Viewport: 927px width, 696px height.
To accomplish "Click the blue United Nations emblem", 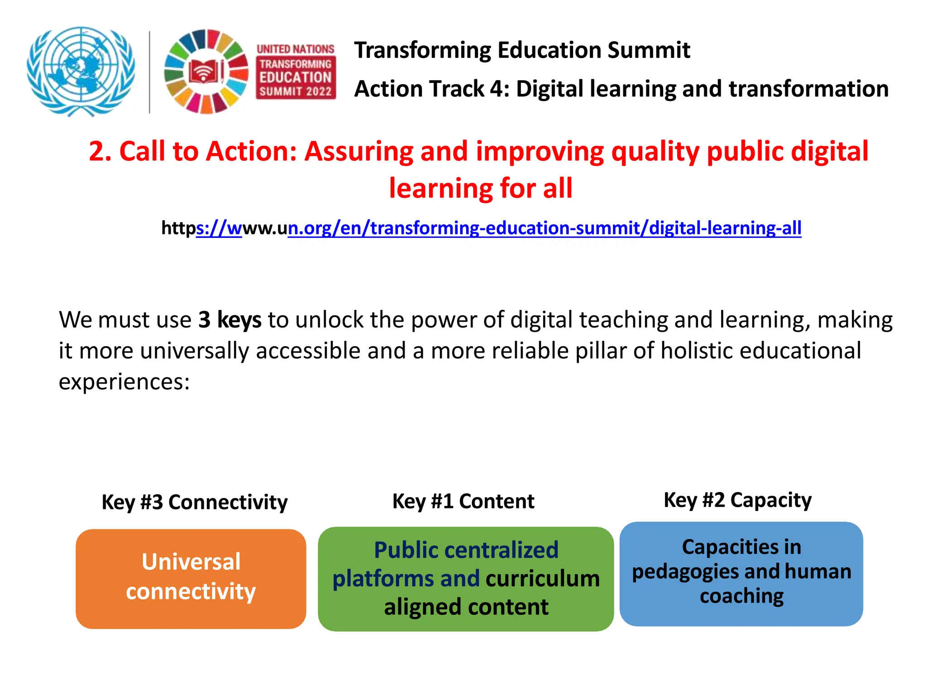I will coord(81,71).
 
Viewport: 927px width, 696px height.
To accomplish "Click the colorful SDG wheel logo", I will coord(206,72).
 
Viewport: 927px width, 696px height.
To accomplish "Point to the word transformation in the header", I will coord(808,89).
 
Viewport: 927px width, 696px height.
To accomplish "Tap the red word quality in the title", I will coord(655,151).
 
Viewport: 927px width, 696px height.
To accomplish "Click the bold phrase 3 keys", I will coord(229,320).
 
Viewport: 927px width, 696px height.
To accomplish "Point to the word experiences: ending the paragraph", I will coord(124,382).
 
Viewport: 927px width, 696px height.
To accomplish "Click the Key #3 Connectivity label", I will coord(194,502).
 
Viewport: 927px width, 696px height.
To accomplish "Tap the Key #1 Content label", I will coord(463,501).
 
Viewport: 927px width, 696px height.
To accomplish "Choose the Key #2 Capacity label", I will coord(737,500).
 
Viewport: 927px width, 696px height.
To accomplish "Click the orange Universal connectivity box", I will coord(191,579).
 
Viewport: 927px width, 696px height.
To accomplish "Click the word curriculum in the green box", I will coord(543,579).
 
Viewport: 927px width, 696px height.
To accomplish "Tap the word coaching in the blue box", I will coord(741,596).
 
